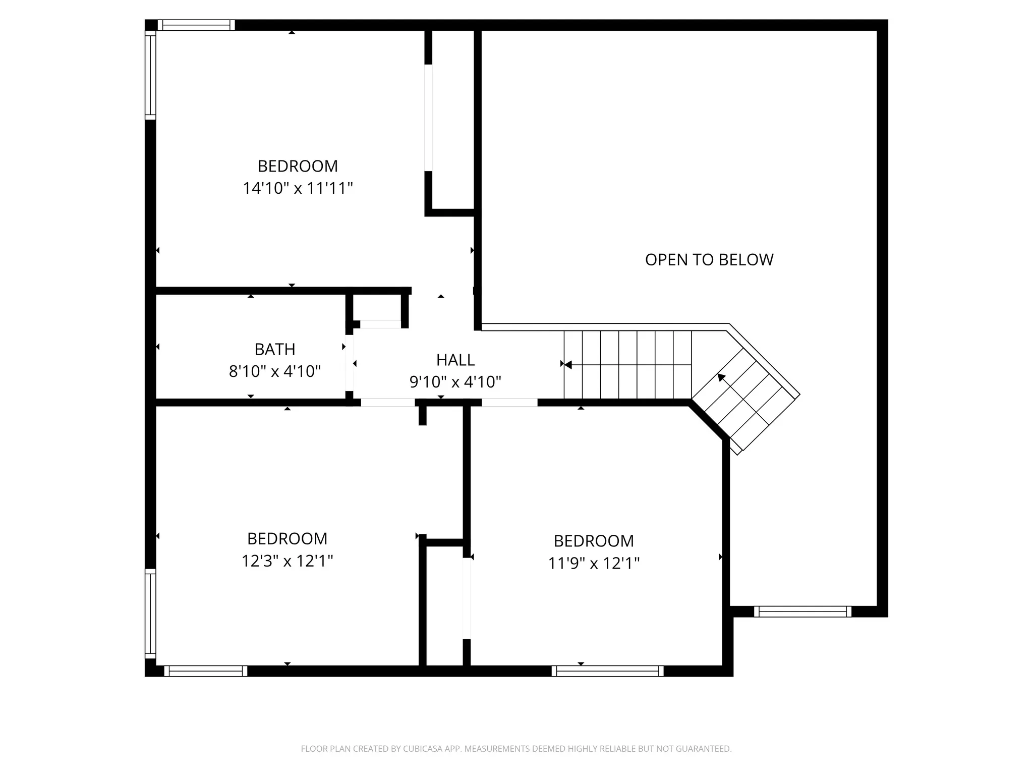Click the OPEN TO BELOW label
coord(709,259)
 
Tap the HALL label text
coord(455,360)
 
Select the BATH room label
coord(275,349)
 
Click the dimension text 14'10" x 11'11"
coord(298,188)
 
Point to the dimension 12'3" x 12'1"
coord(287,561)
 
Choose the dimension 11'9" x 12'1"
coord(594,563)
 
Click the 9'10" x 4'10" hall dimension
coord(455,382)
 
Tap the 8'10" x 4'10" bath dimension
coord(275,371)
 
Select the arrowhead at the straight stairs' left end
coord(567,364)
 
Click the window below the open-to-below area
coord(802,612)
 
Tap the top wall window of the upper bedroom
coord(196,25)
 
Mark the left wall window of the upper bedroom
coord(150,75)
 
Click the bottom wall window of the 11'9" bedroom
coord(607,671)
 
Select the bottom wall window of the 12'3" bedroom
coord(205,671)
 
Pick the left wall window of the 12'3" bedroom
coord(150,613)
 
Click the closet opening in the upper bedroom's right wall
coord(428,118)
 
